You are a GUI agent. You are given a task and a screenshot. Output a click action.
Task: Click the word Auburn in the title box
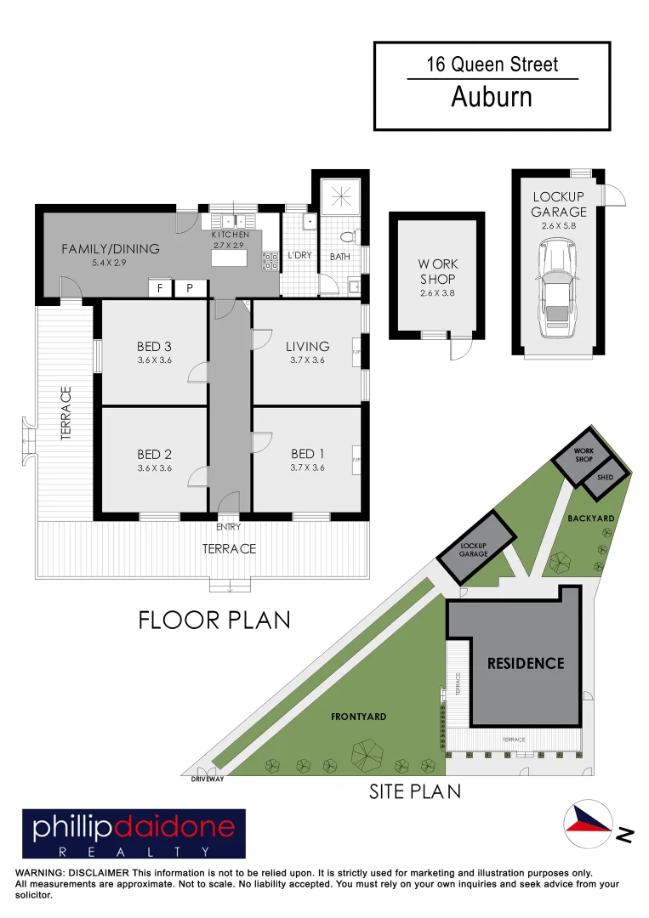(492, 97)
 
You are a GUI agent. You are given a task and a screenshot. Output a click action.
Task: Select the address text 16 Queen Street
(492, 64)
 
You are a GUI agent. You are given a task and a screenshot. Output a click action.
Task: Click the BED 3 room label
(154, 346)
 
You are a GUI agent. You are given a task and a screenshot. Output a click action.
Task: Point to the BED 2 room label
(154, 454)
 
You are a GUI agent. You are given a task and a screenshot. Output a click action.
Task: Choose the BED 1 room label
(307, 454)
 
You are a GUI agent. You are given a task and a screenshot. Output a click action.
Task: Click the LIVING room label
(307, 346)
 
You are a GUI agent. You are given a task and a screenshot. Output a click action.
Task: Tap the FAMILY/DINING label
(110, 249)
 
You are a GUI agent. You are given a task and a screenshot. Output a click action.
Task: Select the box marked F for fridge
(159, 289)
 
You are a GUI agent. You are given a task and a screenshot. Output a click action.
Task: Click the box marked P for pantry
(190, 289)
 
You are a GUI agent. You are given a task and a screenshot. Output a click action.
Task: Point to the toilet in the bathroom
(346, 237)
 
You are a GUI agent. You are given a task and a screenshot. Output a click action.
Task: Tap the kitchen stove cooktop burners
(270, 260)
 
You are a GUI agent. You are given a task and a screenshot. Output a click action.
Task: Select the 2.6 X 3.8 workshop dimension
(437, 293)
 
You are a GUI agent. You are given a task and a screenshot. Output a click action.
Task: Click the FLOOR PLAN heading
(214, 620)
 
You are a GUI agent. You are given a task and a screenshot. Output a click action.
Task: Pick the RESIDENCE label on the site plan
(525, 663)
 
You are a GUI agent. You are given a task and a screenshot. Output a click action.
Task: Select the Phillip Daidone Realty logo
(134, 833)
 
